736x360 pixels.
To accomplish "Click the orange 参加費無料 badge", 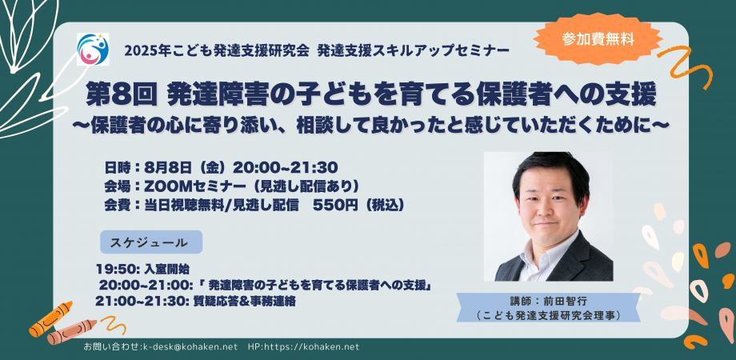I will click(x=598, y=37).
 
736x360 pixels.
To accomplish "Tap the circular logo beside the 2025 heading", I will click(x=92, y=50).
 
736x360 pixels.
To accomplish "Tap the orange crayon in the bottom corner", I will click(x=50, y=321).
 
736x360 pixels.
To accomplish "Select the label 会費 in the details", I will click(x=116, y=205).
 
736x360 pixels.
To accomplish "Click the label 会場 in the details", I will click(x=116, y=186).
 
